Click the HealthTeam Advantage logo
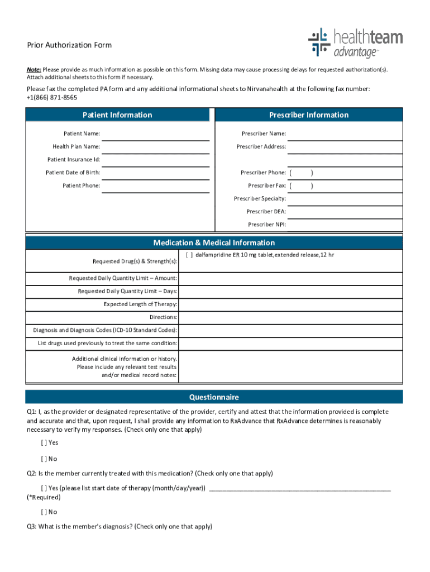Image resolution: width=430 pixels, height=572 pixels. pos(355,43)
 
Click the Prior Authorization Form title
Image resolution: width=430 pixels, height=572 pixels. pos(69,45)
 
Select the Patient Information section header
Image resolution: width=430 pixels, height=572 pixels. pos(117,115)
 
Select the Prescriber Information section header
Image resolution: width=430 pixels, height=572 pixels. pos(308,115)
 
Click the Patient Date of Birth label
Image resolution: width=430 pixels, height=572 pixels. pos(73,173)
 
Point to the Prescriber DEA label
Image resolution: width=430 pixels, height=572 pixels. pos(266,212)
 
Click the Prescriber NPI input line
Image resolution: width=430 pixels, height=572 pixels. pos(345,225)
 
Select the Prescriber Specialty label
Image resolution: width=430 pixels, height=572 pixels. pos(260,199)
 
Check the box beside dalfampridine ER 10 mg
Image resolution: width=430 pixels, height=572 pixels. pos(189,255)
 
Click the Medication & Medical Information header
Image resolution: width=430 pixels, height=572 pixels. pos(214,243)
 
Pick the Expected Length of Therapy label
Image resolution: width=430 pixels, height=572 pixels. pos(140,304)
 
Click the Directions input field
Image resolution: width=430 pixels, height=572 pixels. pos(290,317)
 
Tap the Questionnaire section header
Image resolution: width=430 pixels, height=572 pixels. pos(214,397)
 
